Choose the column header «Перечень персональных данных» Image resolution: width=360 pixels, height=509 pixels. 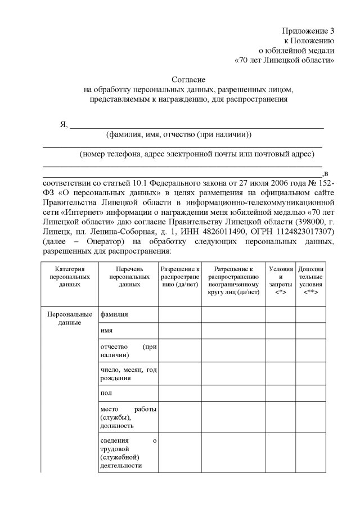(x=129, y=277)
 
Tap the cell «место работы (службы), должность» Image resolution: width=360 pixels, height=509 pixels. (x=128, y=417)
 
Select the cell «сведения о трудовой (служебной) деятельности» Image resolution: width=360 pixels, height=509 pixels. (x=128, y=452)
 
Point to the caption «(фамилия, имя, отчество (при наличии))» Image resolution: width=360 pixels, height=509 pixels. (x=179, y=134)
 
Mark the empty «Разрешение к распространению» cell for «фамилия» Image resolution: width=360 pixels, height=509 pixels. (x=180, y=314)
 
